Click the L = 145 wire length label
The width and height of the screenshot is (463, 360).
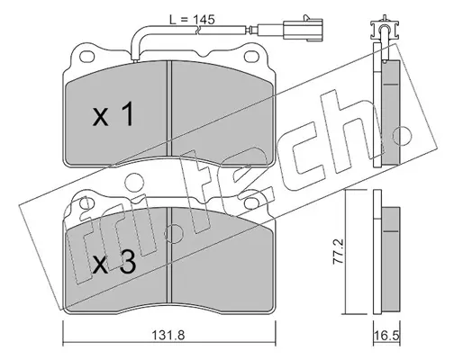point(192,20)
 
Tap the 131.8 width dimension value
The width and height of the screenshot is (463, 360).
point(168,335)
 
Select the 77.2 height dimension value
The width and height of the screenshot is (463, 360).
point(338,252)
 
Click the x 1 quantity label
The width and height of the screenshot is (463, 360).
point(113,114)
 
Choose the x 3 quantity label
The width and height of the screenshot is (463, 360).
point(113,262)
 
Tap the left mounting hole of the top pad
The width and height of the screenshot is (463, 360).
point(87,56)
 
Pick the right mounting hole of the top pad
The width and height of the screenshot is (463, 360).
point(250,56)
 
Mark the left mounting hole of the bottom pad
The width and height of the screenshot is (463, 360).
point(86,203)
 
